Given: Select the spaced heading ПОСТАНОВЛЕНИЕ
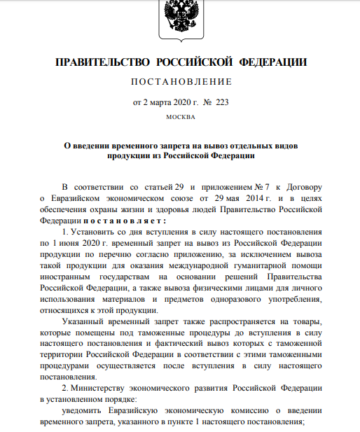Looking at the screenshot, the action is [181, 82].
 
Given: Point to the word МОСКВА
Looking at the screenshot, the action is [180, 116].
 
